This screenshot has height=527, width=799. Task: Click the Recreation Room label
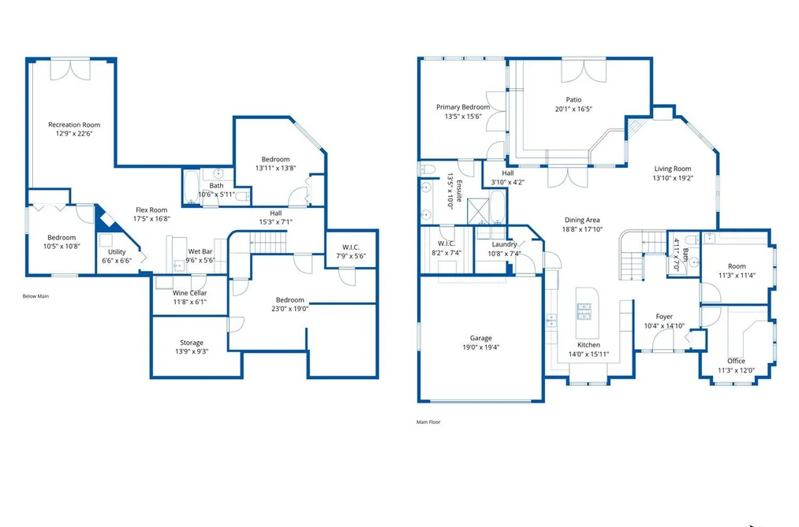[74, 124]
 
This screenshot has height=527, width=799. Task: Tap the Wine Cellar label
[189, 293]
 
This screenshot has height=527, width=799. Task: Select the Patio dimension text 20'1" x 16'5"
[573, 109]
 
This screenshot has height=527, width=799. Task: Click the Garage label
[480, 338]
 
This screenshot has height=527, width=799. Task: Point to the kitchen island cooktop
[584, 311]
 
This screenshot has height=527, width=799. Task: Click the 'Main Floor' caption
[428, 421]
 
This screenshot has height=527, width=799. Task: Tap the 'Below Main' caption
[35, 296]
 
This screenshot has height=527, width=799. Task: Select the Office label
[736, 361]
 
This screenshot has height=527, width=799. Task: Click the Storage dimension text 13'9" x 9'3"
[192, 351]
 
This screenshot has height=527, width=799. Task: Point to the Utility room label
[117, 252]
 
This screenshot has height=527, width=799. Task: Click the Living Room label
[673, 169]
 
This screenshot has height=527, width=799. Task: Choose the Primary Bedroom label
[463, 107]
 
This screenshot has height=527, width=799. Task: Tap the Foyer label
[664, 317]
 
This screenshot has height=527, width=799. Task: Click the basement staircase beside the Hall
[268, 242]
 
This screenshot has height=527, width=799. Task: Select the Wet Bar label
[200, 251]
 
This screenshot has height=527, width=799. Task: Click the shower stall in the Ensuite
[479, 212]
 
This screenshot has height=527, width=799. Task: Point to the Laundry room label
[505, 245]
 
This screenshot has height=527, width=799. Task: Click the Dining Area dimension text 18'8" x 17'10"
[582, 229]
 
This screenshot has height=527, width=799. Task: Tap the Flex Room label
[151, 210]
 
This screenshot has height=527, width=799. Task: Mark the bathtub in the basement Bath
[192, 187]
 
